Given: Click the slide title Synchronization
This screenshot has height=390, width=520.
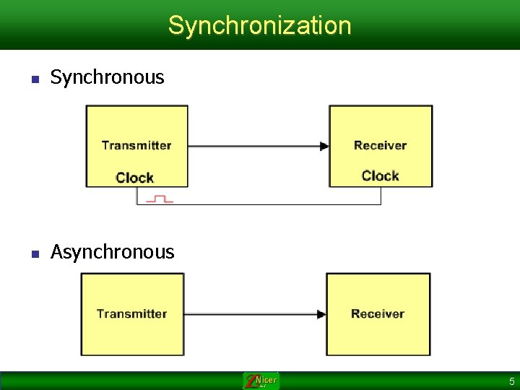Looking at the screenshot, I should tap(259, 25).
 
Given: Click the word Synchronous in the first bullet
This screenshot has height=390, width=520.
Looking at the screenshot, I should tap(107, 77).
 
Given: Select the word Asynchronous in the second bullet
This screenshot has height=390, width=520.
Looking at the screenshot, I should tap(112, 252).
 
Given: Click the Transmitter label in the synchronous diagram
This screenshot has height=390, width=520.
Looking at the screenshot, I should tap(136, 145).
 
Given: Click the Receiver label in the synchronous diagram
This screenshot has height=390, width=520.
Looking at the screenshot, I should tap(380, 145).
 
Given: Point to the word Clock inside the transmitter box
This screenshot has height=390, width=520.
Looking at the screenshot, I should tap(134, 178).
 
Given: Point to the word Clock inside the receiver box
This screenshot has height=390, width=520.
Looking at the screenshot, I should tap(380, 175).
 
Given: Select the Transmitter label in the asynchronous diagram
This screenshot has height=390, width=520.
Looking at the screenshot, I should tap(131, 313).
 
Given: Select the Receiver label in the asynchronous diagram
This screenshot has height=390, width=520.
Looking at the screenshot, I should tap(377, 313).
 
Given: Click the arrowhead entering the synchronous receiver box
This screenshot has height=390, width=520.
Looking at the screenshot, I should tap(324, 146).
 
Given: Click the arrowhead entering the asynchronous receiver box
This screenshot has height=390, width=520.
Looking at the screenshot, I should tap(321, 314).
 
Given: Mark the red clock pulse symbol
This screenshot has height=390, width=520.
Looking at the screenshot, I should tap(160, 198).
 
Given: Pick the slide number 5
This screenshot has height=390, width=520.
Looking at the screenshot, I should tap(511, 381).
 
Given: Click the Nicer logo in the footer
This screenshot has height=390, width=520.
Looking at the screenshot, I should tap(261, 381).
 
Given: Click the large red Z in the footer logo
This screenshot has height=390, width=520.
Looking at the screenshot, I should tap(250, 381).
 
